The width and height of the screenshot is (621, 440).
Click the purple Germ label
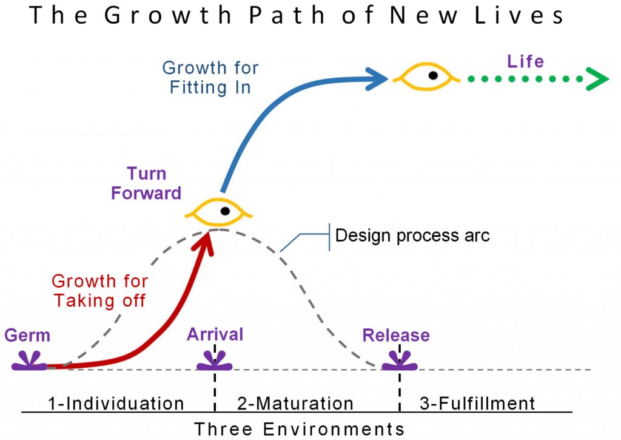point(27,336)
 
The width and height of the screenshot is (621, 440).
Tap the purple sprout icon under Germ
point(29,362)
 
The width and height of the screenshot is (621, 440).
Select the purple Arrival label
point(215,334)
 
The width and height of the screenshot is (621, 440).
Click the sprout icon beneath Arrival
point(215,362)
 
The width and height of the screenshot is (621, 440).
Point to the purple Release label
point(396,336)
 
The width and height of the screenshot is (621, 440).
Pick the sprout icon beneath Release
point(400,362)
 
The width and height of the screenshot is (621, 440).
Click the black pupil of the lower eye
point(226,211)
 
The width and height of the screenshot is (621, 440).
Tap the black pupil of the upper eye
point(433,75)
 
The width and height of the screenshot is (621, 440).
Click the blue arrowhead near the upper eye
point(376,79)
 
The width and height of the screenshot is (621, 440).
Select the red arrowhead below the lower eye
point(204,244)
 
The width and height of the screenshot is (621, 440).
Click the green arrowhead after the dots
point(597,79)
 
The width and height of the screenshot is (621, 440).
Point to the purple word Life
point(526,61)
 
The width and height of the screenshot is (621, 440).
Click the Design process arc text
point(412,235)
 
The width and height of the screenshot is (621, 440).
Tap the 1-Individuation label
point(116,404)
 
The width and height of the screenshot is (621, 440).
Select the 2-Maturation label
point(295,404)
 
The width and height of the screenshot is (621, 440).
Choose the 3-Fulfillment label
point(477,404)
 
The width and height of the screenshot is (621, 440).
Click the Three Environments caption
point(300,429)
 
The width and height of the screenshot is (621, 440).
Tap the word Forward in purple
point(146,193)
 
